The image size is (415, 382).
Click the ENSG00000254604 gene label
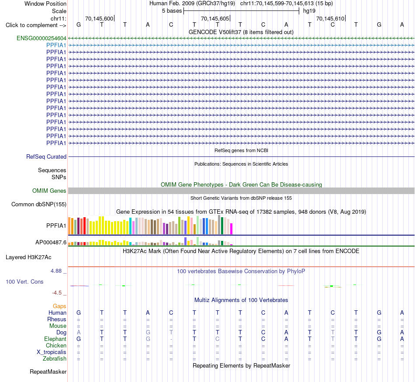41,38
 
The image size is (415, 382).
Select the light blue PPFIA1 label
56,45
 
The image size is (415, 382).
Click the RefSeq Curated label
46,157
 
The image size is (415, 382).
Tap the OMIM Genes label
49,191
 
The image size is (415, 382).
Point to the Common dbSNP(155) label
39,205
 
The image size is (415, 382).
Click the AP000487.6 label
51,242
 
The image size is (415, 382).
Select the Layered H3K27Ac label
28,257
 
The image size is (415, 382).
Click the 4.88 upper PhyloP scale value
56,271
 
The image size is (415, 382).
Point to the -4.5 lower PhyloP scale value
57,293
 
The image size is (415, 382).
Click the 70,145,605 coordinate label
215,18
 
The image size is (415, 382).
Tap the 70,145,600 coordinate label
99,18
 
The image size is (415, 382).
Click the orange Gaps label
59,306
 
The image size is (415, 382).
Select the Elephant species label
55,339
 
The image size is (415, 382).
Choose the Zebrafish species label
55,359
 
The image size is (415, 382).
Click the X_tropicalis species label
52,352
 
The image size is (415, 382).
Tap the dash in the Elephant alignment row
171,339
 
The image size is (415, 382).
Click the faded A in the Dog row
79,333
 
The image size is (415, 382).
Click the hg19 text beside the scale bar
309,11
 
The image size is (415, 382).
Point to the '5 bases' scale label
172,11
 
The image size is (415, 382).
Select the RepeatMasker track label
48,372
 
